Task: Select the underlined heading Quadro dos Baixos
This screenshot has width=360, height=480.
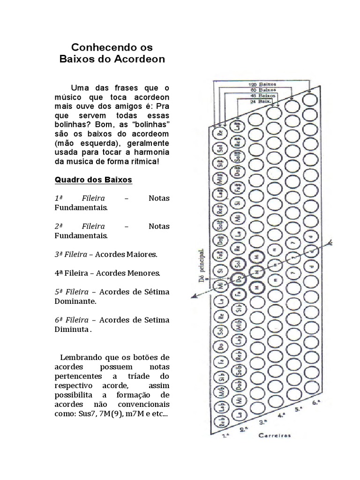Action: [x=93, y=180]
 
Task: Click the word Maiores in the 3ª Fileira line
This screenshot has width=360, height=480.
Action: [x=141, y=254]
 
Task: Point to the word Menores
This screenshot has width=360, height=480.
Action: [x=143, y=273]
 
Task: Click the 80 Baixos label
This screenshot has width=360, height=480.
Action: [x=263, y=89]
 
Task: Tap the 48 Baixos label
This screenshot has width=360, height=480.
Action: [x=263, y=95]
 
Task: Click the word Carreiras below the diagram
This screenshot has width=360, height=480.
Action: [x=274, y=435]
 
